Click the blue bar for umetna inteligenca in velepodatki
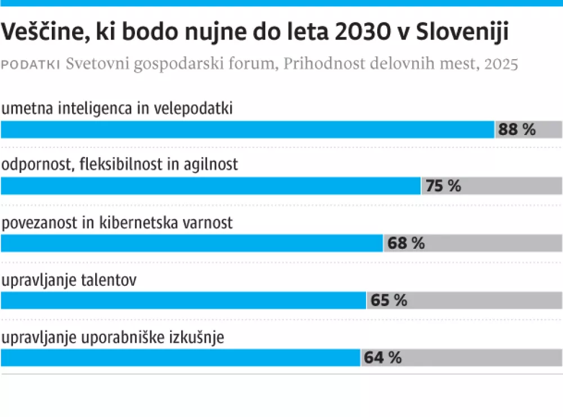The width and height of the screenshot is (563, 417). point(248,129)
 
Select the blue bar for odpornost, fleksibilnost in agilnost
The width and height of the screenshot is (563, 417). point(211,186)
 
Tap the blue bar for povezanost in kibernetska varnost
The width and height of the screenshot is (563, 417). point(192,243)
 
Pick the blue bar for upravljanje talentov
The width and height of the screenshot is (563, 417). point(184,300)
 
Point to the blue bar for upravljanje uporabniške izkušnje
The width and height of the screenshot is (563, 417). point(181,357)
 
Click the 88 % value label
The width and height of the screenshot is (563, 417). point(517,129)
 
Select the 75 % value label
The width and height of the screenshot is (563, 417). point(443,186)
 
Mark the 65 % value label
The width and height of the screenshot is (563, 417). point(388,300)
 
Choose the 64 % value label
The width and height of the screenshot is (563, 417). point(383,357)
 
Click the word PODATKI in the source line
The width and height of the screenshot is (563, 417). point(32,64)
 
